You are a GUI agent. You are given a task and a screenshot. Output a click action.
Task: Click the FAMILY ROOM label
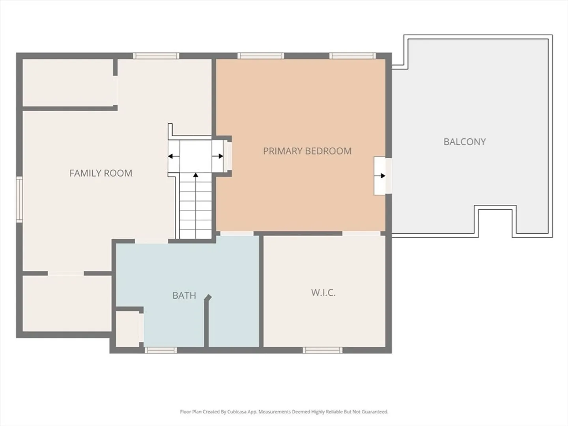coord(101,173)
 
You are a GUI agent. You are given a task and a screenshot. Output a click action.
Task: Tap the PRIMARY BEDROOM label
coord(307,151)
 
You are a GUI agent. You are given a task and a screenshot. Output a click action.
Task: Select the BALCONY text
coord(465,142)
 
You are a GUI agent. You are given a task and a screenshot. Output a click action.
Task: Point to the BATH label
coord(184,295)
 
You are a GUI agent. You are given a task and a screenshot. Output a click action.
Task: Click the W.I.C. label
coord(323,293)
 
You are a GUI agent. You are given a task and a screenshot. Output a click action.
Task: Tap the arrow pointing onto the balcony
coord(380,176)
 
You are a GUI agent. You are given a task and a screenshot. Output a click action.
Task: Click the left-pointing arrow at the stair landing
coord(174,156)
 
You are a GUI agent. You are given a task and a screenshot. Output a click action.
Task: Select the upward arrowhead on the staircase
coord(196,175)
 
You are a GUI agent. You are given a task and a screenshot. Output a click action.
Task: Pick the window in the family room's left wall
coord(19,199)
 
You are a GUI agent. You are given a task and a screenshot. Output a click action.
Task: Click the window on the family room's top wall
coord(156,56)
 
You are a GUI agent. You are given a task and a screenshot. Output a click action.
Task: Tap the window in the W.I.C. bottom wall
coord(322,350)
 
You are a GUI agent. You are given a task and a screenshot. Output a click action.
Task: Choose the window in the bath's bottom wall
coord(161,350)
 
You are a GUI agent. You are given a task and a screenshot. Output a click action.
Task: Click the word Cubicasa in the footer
coord(237,411)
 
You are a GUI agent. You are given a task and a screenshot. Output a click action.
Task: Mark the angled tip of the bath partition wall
coord(208,297)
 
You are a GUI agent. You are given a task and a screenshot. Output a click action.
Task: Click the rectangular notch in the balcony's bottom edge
coord(495,221)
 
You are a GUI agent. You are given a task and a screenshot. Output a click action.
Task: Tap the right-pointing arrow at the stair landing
coord(218,156)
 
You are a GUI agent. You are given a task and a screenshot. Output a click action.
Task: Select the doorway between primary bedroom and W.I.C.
coord(361,234)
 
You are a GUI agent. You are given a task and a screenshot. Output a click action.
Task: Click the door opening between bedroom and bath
coord(237,234)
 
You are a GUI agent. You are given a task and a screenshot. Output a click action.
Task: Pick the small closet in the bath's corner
coord(127,329)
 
